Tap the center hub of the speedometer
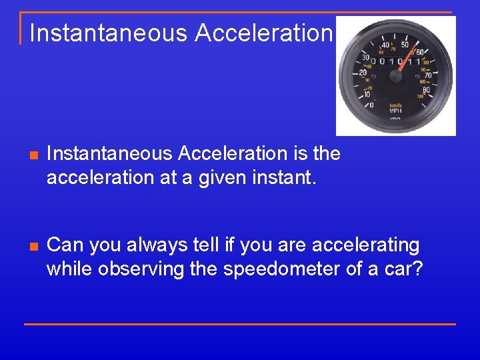click(x=396, y=76)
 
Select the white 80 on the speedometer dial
click(x=426, y=90)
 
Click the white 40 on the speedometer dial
click(x=385, y=46)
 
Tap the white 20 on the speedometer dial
click(x=363, y=73)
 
